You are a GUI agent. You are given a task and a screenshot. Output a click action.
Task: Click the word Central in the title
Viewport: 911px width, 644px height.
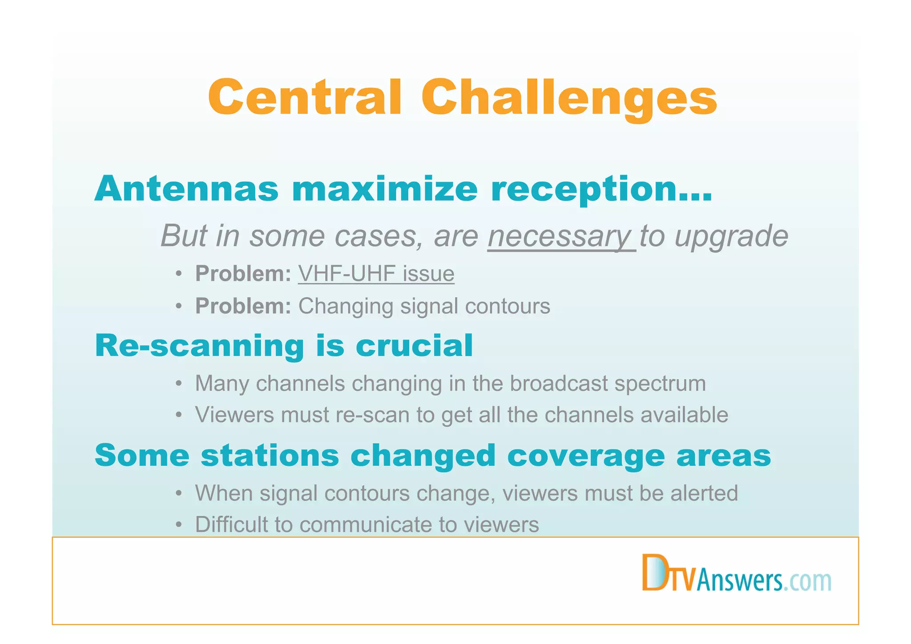tap(306, 97)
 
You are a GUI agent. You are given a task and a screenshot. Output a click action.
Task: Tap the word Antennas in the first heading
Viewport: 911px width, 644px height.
tap(186, 189)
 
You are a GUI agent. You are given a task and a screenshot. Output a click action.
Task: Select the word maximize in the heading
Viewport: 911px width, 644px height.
tap(385, 189)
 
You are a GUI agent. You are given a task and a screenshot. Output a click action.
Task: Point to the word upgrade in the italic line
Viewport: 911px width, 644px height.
tap(731, 236)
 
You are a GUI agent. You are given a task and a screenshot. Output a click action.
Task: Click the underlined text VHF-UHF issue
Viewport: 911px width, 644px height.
tap(376, 273)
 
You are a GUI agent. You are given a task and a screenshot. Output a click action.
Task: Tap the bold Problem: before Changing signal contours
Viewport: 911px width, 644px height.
tap(243, 306)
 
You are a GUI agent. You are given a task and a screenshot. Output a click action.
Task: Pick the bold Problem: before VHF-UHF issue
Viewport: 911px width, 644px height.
tap(243, 273)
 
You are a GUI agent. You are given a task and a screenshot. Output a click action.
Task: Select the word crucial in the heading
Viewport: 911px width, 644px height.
tap(414, 346)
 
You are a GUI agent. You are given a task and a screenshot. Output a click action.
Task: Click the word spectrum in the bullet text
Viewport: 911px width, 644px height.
tap(660, 383)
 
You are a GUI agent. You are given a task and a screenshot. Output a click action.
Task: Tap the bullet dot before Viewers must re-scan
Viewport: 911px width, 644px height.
tap(178, 415)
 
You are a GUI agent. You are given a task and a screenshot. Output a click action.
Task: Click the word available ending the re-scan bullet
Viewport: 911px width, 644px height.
tap(684, 415)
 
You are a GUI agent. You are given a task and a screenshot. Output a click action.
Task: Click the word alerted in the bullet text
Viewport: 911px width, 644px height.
tap(704, 493)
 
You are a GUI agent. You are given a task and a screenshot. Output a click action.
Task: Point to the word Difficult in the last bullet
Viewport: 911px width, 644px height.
tap(231, 524)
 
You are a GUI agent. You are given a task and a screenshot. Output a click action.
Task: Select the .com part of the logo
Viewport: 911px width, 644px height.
tap(807, 581)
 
